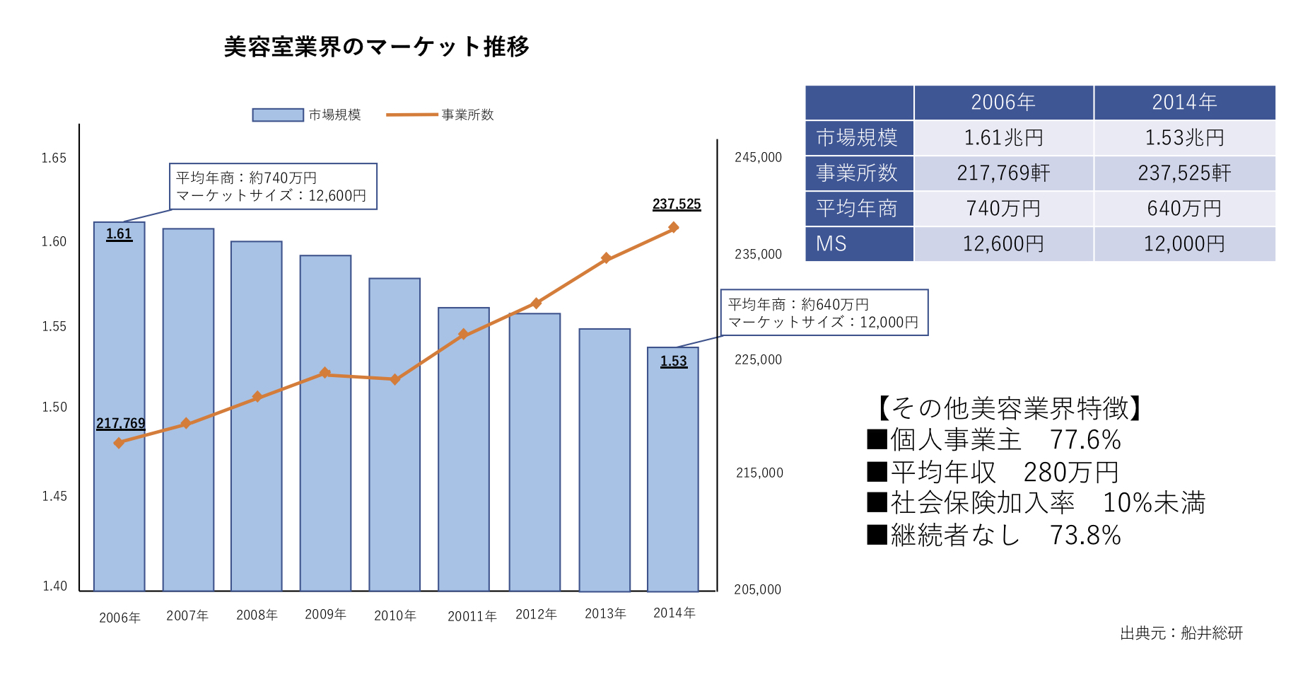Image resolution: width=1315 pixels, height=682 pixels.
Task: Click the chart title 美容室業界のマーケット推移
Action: coord(376,47)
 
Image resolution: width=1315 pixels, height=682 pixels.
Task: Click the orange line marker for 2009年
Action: coord(325,373)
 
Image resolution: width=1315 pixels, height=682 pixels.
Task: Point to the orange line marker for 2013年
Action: coord(606,258)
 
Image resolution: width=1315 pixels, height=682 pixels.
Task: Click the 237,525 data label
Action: coord(677,204)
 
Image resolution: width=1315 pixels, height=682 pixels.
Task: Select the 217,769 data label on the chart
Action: coord(120,423)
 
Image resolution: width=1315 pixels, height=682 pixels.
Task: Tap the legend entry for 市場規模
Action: coord(307,115)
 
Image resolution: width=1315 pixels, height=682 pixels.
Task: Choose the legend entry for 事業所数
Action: coord(440,115)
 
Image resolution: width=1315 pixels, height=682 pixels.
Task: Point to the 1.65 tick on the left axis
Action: coord(54,158)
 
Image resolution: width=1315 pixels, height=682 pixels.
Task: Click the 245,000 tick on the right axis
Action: coord(758,157)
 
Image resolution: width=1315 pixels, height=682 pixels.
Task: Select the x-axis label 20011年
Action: coord(472,616)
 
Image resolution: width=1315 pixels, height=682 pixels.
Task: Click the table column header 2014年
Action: coord(1184,103)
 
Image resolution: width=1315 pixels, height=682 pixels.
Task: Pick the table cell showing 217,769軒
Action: coord(1003,173)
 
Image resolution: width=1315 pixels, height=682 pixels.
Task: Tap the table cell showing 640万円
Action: coord(1184,209)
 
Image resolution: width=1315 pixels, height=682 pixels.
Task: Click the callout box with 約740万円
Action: coord(273,187)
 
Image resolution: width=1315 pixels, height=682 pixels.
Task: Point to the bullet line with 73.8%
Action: coord(994,536)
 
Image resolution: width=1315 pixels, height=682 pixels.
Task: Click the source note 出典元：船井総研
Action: coord(1181,633)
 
